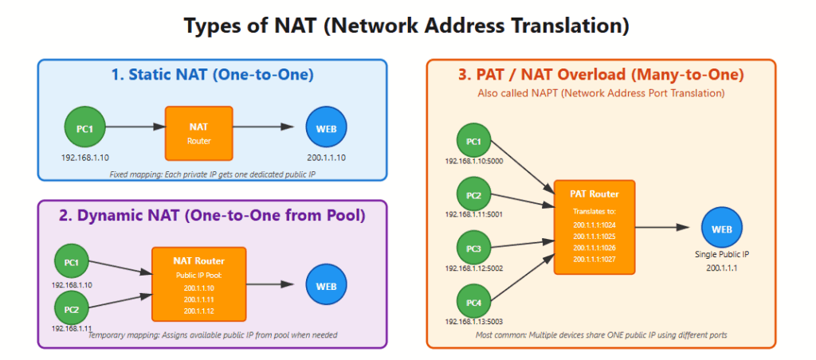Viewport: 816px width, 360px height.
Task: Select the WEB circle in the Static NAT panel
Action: click(326, 127)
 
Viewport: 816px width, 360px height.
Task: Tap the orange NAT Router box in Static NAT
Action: click(198, 133)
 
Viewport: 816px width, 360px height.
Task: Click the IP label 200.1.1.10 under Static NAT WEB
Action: click(326, 157)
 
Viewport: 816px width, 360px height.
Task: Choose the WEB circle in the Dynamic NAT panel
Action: click(326, 284)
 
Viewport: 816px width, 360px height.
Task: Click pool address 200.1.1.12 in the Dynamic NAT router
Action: click(198, 311)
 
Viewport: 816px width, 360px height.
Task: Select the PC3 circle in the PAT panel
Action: click(474, 248)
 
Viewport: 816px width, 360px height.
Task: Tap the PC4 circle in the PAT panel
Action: click(474, 301)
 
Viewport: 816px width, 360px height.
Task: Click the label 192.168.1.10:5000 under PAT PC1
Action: click(474, 161)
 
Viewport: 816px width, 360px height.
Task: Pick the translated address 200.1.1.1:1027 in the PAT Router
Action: click(594, 259)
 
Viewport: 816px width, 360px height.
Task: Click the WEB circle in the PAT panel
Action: click(721, 229)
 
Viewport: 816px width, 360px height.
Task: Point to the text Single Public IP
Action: click(722, 255)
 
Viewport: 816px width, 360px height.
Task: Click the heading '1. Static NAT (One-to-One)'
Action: click(212, 76)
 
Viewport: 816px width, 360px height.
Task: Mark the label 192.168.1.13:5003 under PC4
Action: click(474, 321)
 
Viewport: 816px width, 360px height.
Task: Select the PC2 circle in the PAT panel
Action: click(474, 194)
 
